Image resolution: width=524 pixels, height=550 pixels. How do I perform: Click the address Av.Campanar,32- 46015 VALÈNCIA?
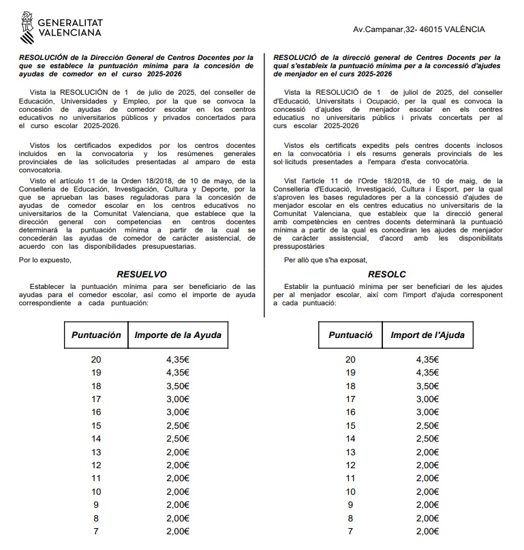(419, 29)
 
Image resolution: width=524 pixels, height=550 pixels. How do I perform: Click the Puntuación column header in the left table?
(96, 335)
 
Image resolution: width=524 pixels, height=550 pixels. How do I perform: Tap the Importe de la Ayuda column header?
(178, 335)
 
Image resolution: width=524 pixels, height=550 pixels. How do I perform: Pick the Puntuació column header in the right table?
(350, 335)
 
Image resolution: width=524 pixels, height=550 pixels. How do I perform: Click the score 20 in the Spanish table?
(96, 360)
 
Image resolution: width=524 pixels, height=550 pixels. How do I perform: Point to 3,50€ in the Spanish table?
(177, 386)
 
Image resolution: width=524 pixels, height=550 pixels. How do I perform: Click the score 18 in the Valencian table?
(350, 386)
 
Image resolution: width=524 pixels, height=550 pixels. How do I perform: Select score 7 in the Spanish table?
(96, 531)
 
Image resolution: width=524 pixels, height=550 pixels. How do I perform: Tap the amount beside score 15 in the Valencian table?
(427, 425)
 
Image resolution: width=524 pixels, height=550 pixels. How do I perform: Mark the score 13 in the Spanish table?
(96, 452)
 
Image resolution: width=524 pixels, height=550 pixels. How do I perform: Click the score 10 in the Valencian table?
(350, 491)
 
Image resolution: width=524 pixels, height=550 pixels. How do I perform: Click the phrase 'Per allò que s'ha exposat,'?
(325, 260)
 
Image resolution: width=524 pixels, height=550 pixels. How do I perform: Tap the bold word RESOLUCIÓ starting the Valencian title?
(294, 58)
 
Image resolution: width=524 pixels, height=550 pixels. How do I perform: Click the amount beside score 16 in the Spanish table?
(177, 412)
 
